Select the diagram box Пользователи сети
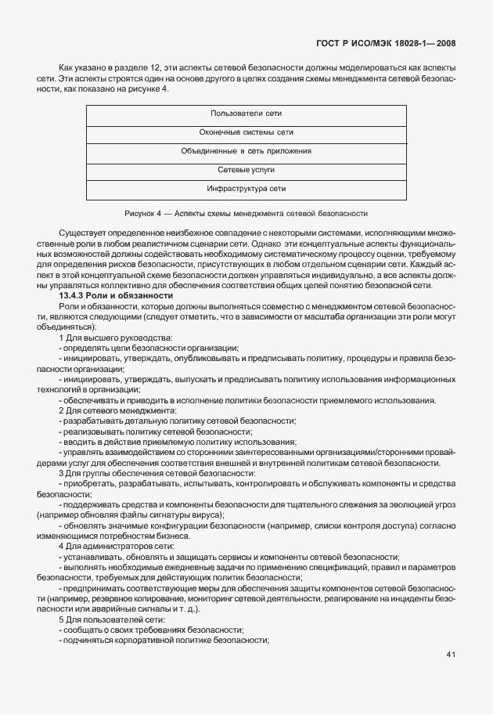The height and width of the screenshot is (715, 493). (x=246, y=114)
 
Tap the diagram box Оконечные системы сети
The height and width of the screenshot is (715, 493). (x=246, y=132)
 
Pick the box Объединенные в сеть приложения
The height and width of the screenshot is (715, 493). (x=246, y=151)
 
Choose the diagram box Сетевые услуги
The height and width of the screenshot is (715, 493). (x=246, y=170)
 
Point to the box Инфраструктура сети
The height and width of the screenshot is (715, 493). (x=246, y=189)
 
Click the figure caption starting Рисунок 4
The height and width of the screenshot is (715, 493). (x=246, y=213)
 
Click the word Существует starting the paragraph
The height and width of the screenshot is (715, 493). (x=83, y=233)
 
